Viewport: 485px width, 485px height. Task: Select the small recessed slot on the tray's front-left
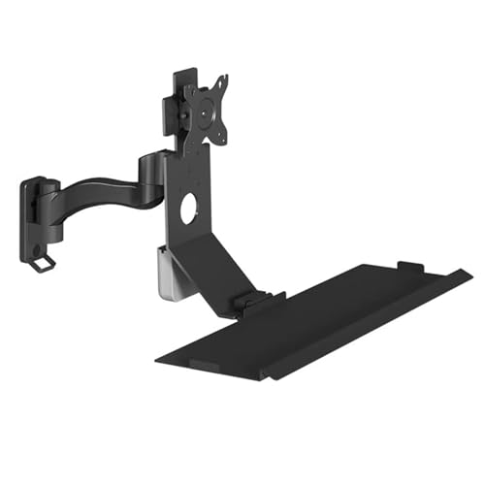tap(204, 364)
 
